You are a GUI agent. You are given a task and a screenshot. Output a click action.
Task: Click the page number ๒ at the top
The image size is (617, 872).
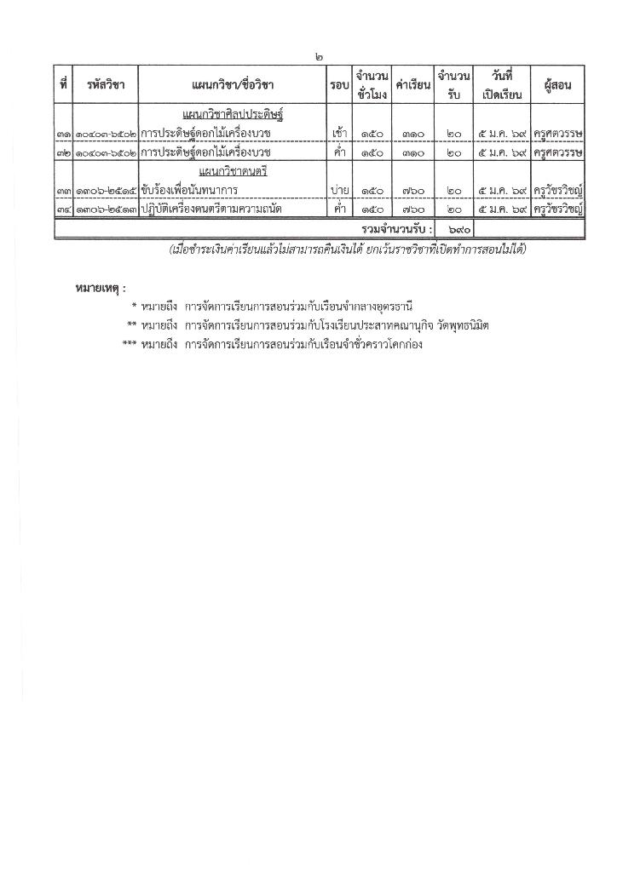pyautogui.click(x=318, y=57)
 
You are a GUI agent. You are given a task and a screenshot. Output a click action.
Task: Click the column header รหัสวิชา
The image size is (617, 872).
pyautogui.click(x=106, y=85)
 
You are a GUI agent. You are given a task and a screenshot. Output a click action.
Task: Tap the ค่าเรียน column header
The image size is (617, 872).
pyautogui.click(x=413, y=86)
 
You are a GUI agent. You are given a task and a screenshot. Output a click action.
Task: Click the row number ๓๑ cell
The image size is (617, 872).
pyautogui.click(x=64, y=133)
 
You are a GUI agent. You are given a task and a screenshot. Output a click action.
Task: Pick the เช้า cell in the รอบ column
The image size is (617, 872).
pyautogui.click(x=338, y=133)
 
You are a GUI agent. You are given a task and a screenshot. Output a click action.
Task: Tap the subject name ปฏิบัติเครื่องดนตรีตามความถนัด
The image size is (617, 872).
pyautogui.click(x=212, y=209)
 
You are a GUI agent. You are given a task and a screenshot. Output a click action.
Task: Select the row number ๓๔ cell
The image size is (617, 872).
pyautogui.click(x=64, y=209)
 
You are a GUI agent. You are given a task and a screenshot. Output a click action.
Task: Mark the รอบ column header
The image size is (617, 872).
pyautogui.click(x=338, y=85)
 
